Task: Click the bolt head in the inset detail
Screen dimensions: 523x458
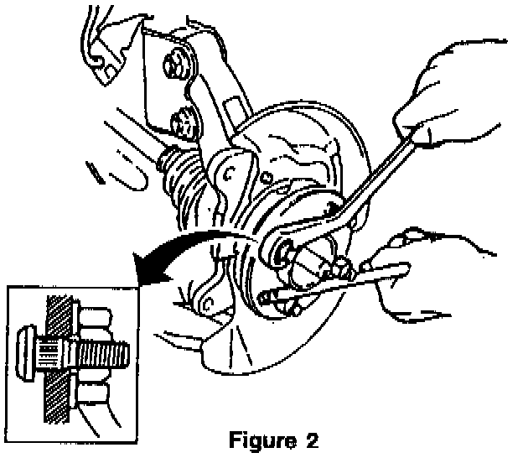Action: [x=28, y=347]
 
